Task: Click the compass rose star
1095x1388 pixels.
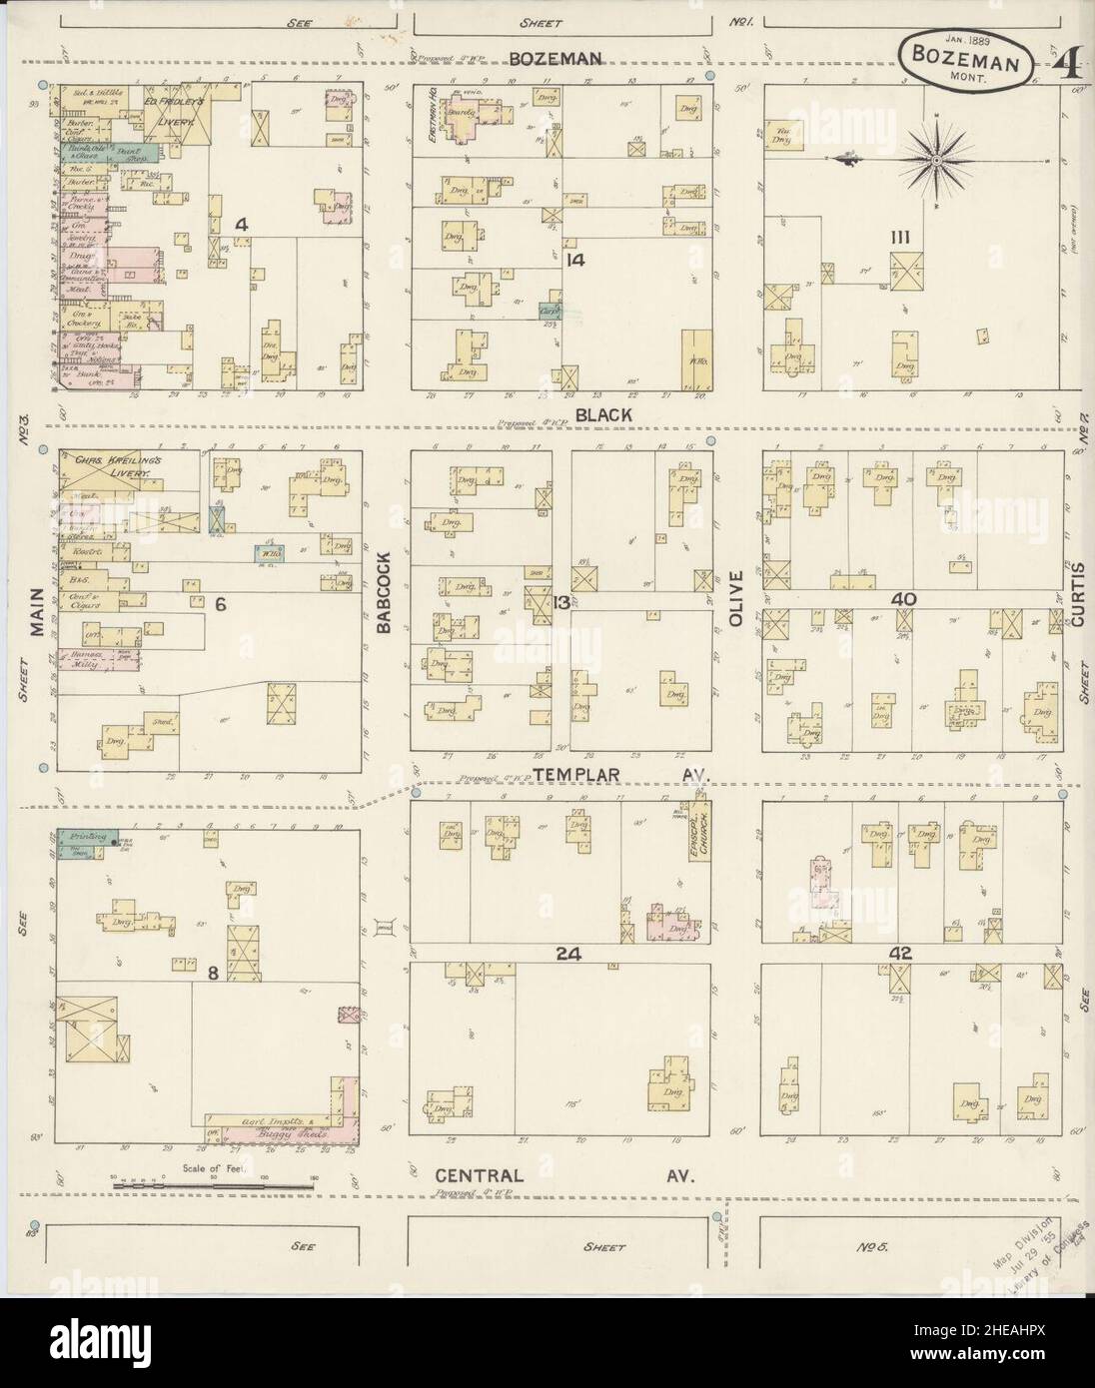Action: (x=938, y=159)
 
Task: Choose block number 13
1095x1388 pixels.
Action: (x=562, y=601)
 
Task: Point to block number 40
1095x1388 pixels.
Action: (x=904, y=597)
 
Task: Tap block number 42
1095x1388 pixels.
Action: (x=900, y=954)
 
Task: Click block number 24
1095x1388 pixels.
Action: (x=568, y=954)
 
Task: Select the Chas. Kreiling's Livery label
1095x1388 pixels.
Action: (x=117, y=467)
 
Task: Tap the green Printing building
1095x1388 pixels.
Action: (x=86, y=839)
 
